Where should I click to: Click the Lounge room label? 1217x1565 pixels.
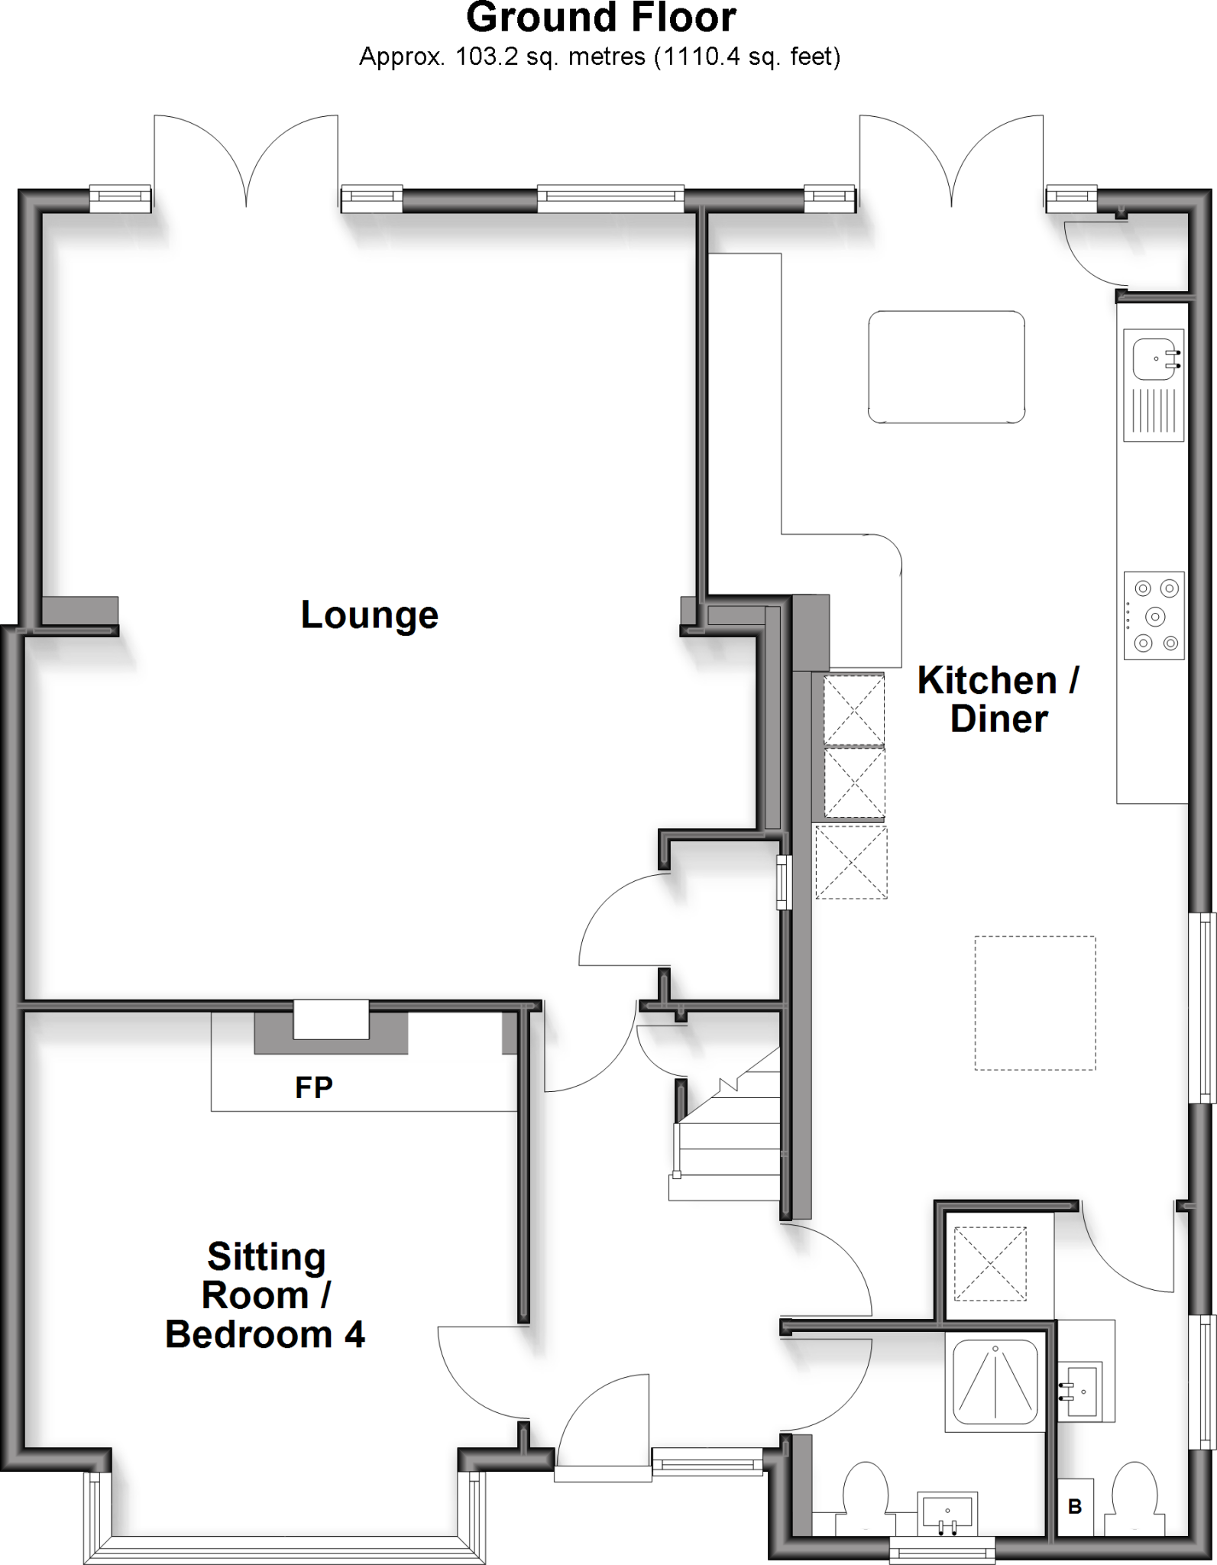pos(369,615)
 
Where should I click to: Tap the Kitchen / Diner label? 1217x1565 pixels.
pos(998,700)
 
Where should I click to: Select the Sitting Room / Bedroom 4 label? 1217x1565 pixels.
pos(265,1295)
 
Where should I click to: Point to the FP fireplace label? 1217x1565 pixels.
pos(313,1087)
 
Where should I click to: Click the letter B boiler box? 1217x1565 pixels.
pos(1075,1506)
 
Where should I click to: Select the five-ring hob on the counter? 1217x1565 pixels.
pos(1154,615)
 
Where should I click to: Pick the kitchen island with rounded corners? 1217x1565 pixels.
pos(946,367)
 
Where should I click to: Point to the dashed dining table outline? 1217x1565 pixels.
pos(1034,1003)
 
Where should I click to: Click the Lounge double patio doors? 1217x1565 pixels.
pos(246,164)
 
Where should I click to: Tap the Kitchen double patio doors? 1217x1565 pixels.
pos(952,164)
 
